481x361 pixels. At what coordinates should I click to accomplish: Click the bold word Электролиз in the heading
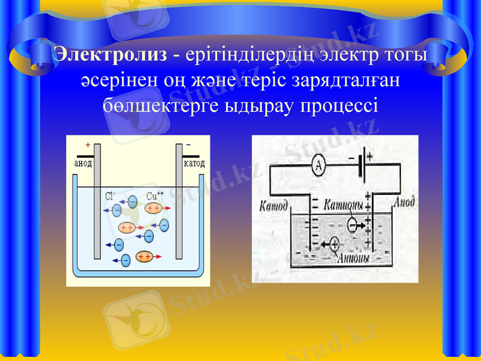110,54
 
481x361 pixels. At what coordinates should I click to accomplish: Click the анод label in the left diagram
83,163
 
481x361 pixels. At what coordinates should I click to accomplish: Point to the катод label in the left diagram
194,163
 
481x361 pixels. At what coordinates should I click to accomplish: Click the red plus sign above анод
88,145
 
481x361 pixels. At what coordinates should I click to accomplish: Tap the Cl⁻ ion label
111,196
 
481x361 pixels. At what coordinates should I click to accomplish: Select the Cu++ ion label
155,196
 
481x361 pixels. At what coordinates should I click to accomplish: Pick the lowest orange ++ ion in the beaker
144,256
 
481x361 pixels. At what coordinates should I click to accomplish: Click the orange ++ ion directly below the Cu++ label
153,208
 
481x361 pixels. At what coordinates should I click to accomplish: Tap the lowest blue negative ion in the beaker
126,260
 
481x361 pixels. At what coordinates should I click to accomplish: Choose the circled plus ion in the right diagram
334,244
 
